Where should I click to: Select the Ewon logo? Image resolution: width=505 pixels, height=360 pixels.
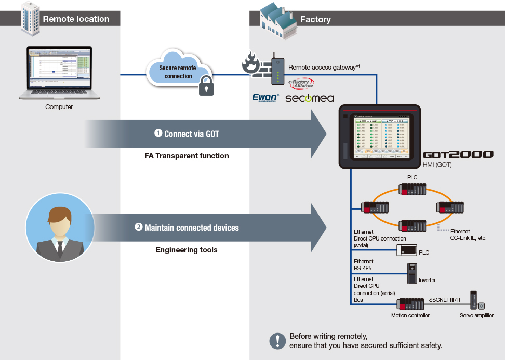[265, 97]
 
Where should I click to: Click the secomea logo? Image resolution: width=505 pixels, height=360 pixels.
[310, 98]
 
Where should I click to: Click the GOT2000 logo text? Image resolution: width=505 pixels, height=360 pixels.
[458, 155]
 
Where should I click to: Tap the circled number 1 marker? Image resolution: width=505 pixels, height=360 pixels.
[158, 133]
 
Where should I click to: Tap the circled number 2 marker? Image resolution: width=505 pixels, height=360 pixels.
[139, 227]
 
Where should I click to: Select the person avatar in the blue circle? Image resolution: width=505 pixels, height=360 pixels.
[60, 230]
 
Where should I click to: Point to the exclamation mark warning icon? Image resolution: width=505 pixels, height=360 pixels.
[278, 341]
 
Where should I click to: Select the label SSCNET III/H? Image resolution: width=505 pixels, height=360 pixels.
[446, 300]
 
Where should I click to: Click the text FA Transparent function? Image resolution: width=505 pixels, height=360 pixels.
[187, 155]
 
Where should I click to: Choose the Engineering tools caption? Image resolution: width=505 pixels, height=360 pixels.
[187, 250]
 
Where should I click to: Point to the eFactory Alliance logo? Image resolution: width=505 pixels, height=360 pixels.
[301, 83]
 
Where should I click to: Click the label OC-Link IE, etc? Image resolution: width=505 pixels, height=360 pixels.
[468, 238]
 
